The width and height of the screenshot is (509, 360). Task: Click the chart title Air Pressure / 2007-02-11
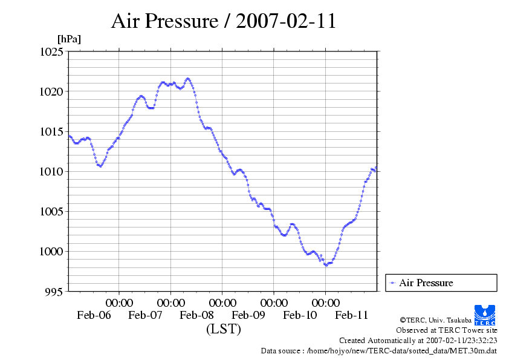(224, 21)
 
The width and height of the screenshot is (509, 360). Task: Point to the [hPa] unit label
(69, 39)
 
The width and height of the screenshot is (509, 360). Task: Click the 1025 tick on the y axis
(51, 52)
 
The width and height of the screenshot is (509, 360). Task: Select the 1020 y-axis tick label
(51, 92)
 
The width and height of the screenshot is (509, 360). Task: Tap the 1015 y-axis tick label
(51, 132)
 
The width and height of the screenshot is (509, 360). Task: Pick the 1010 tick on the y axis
(51, 172)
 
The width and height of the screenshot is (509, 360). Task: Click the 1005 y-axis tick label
(51, 212)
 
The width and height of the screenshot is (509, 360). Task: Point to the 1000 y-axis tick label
(51, 252)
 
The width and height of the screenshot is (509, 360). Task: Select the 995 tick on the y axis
(54, 292)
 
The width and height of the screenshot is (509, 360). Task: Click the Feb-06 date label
(94, 315)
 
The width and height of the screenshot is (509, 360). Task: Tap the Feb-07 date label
(145, 315)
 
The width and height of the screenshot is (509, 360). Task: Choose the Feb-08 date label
(196, 315)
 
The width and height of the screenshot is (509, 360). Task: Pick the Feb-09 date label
(248, 315)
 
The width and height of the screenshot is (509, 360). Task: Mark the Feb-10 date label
(300, 315)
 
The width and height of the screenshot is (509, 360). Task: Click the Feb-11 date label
(351, 315)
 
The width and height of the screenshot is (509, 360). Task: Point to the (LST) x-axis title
(224, 330)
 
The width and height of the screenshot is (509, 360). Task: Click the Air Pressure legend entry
(426, 283)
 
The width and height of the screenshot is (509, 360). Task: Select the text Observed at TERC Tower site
(447, 330)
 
